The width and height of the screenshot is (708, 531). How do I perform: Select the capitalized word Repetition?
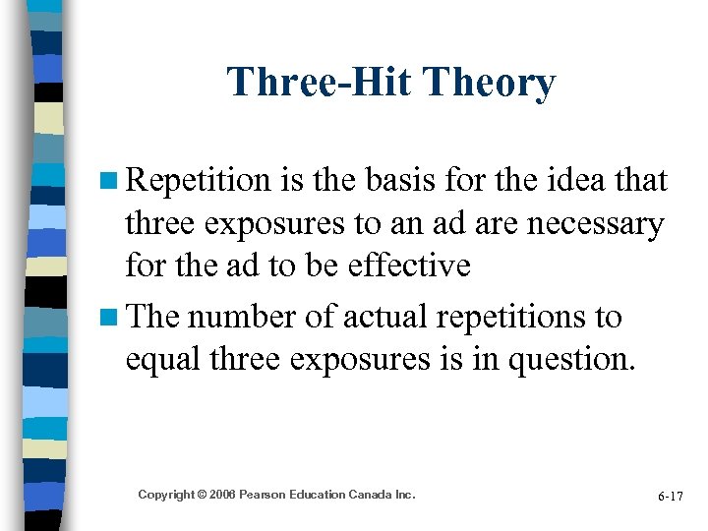[x=200, y=181]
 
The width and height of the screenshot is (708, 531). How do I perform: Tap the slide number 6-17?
[x=670, y=497]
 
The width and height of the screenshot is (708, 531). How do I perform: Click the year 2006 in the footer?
[x=226, y=495]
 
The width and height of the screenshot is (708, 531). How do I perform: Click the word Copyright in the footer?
[x=166, y=495]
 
